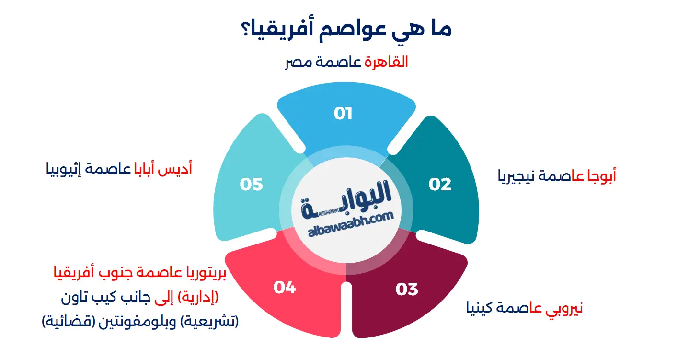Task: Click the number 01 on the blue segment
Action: pos(343,114)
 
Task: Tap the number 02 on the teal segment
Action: pos(440,184)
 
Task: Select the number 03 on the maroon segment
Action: pos(407,289)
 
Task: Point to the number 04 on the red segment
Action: pos(285,288)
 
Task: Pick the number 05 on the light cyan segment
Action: pos(251,184)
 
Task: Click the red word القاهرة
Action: pos(386,62)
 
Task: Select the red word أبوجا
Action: pos(601,176)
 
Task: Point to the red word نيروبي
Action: pos(564,309)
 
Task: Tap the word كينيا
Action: pos(479,308)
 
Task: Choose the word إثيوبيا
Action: pos(64,169)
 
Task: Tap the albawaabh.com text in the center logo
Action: pos(351,224)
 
